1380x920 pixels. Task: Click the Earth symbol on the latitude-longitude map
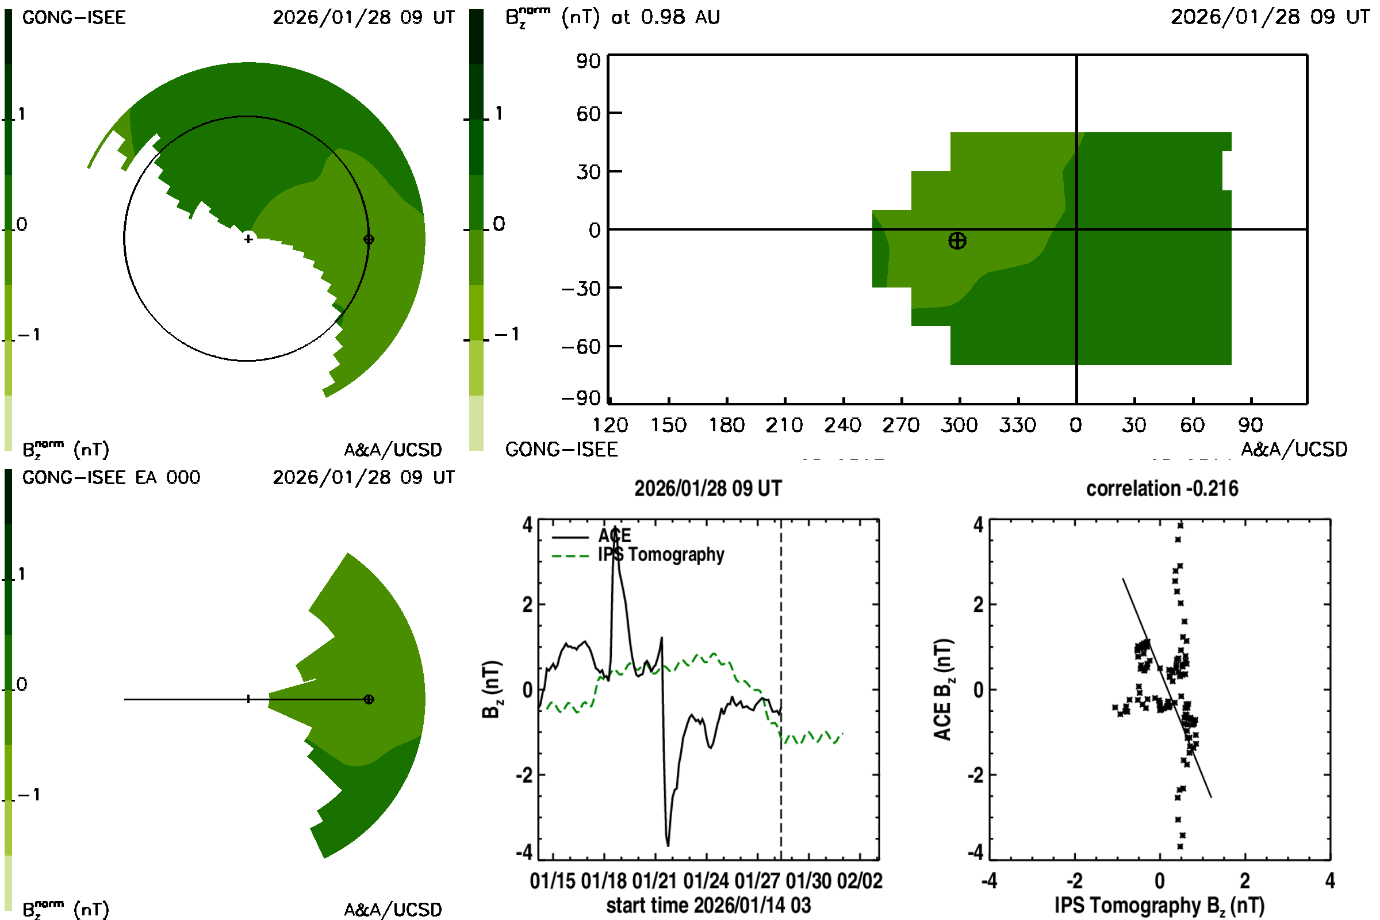click(957, 240)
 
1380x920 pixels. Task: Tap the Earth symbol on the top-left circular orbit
click(369, 239)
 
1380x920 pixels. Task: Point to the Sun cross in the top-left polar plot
click(249, 239)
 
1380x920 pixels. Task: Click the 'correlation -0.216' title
click(1161, 489)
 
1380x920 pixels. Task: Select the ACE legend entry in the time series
click(614, 536)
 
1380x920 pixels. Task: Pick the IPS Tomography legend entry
click(661, 554)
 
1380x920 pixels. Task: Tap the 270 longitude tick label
click(900, 425)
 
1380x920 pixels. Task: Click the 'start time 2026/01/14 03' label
click(708, 905)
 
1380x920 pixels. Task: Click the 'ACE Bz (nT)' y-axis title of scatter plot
click(942, 689)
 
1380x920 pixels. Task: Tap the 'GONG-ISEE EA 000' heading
click(111, 478)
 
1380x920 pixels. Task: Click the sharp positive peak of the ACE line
click(614, 527)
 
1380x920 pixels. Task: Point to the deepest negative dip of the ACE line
click(668, 844)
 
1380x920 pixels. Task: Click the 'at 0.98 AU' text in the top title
click(665, 18)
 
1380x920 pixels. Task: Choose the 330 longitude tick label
click(1017, 425)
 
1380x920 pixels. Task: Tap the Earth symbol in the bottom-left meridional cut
click(369, 699)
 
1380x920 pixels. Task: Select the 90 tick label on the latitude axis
click(588, 61)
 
